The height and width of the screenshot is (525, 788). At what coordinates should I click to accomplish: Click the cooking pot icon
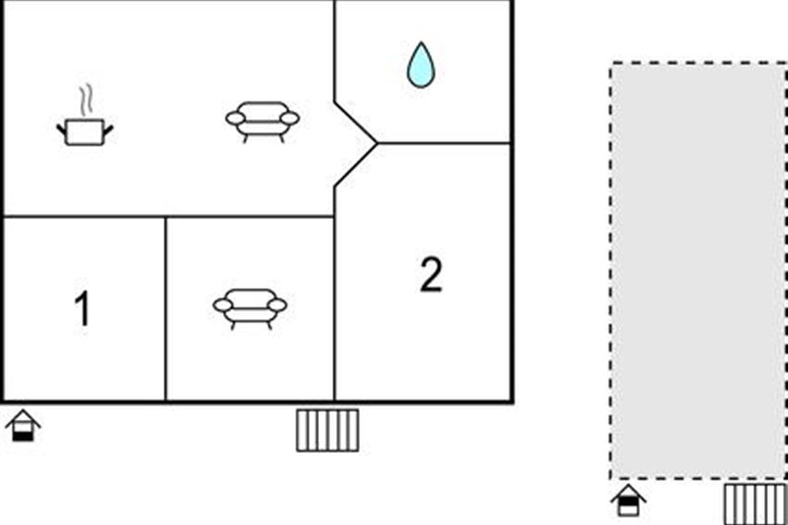click(85, 132)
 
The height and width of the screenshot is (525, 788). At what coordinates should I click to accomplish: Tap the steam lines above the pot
click(86, 100)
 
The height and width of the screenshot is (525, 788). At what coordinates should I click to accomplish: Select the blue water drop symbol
click(421, 65)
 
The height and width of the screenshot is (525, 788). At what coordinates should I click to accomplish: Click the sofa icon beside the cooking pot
click(263, 121)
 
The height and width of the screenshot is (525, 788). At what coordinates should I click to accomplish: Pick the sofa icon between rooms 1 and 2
click(250, 308)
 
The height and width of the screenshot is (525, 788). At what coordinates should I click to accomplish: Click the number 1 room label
click(83, 308)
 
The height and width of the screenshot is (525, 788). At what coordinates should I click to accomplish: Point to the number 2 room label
click(431, 274)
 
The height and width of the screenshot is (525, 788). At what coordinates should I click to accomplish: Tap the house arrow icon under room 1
click(23, 425)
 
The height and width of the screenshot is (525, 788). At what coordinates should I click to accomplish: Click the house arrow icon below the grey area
click(628, 500)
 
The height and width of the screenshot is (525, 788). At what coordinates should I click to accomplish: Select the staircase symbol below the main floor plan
click(328, 430)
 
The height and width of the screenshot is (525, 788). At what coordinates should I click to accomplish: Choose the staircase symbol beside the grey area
click(755, 505)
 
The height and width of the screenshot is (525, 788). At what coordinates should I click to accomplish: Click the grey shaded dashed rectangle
click(699, 270)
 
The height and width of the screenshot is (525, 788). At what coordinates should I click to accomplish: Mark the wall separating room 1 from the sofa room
click(165, 308)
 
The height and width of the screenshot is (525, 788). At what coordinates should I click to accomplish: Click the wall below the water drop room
click(444, 143)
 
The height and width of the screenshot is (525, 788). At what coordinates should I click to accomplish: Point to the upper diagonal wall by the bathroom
click(356, 123)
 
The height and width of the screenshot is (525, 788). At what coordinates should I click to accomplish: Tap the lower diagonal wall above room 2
click(356, 164)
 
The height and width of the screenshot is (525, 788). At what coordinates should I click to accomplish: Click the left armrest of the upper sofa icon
click(235, 119)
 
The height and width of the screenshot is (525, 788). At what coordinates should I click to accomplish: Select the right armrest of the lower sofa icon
click(277, 305)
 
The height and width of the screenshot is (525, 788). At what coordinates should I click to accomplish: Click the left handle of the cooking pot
click(62, 129)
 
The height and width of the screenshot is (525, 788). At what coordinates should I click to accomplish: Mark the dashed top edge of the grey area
click(699, 63)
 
